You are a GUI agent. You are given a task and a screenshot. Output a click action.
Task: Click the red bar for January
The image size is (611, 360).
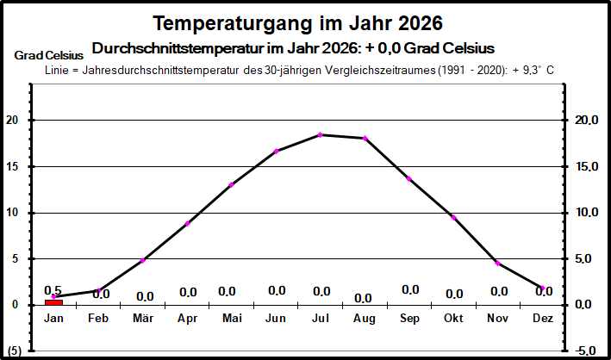[53, 301]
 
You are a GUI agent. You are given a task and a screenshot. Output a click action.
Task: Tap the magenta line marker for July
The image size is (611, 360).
[321, 134]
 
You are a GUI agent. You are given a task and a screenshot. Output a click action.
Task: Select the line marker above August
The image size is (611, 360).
[365, 138]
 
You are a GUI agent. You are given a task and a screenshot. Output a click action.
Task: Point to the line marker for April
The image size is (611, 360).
[187, 224]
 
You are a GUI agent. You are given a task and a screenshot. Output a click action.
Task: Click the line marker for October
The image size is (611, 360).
[453, 217]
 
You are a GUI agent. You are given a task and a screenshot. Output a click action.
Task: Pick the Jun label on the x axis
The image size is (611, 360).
[276, 319]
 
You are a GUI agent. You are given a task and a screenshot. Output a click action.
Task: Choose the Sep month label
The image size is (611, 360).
[409, 319]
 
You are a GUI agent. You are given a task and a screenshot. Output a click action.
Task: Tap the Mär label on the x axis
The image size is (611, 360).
[143, 319]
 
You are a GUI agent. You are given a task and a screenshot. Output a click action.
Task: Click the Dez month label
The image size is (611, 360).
[542, 319]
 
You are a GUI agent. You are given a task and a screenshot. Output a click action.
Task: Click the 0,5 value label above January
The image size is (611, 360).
[53, 290]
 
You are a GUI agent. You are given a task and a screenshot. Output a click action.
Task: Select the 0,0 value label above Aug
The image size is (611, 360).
[363, 298]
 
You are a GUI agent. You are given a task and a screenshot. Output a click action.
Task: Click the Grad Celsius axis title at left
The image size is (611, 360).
[48, 55]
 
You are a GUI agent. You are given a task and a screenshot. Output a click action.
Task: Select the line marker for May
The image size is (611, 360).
[232, 184]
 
